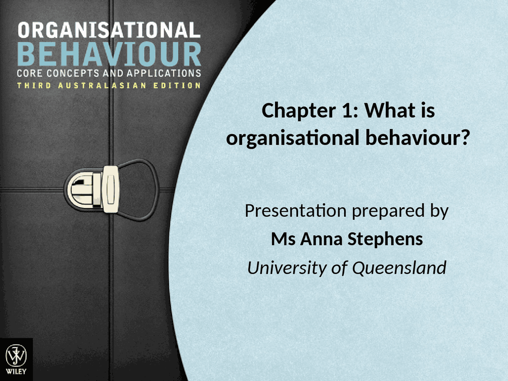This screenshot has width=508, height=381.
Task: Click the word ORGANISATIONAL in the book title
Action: (x=109, y=31)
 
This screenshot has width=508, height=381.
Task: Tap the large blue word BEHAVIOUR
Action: (x=109, y=55)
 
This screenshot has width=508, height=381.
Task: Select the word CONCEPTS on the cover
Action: (x=73, y=73)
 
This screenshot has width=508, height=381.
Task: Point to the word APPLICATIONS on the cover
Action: (x=164, y=73)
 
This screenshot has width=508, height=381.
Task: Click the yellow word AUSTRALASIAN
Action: (x=102, y=86)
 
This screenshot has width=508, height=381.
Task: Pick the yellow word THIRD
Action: (x=34, y=86)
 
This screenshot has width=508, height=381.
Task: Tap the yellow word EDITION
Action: (x=177, y=86)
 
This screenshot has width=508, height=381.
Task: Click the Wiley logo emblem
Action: (x=16, y=356)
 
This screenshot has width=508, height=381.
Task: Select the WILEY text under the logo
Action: (x=16, y=371)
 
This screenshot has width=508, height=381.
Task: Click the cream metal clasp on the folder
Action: (x=111, y=189)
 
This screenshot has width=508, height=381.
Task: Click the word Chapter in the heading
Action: (x=298, y=111)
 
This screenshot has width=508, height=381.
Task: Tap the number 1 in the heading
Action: (x=348, y=111)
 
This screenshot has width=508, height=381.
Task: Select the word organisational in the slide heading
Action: (x=292, y=138)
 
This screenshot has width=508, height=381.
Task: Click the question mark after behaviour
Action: (x=465, y=138)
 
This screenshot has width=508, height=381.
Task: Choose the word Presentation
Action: (x=296, y=211)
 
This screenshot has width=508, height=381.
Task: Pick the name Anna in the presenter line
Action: (x=321, y=239)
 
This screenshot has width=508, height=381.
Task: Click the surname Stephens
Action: (x=385, y=239)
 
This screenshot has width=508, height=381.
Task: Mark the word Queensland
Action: (x=399, y=268)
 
